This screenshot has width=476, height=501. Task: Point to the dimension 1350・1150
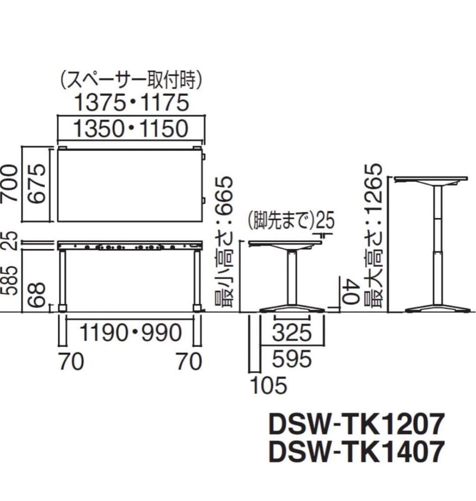131,129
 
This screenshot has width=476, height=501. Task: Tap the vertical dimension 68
38,294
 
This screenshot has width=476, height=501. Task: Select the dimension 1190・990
130,332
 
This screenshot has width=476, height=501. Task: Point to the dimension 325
291,332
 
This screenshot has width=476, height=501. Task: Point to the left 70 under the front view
71,361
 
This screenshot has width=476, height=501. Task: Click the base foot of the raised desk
436,309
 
